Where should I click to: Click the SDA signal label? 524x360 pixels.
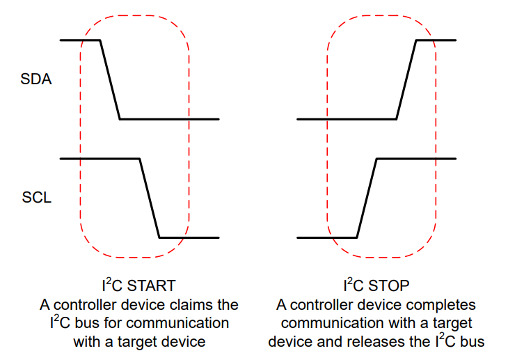(36, 79)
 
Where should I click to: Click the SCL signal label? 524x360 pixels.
(35, 198)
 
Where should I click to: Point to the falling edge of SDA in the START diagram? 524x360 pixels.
(111, 79)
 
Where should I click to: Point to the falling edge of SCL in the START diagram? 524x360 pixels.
(150, 198)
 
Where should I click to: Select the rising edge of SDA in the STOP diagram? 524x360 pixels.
(406, 79)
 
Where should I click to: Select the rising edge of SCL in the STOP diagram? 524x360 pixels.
(367, 198)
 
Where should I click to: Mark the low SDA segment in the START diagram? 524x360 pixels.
(170, 119)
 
